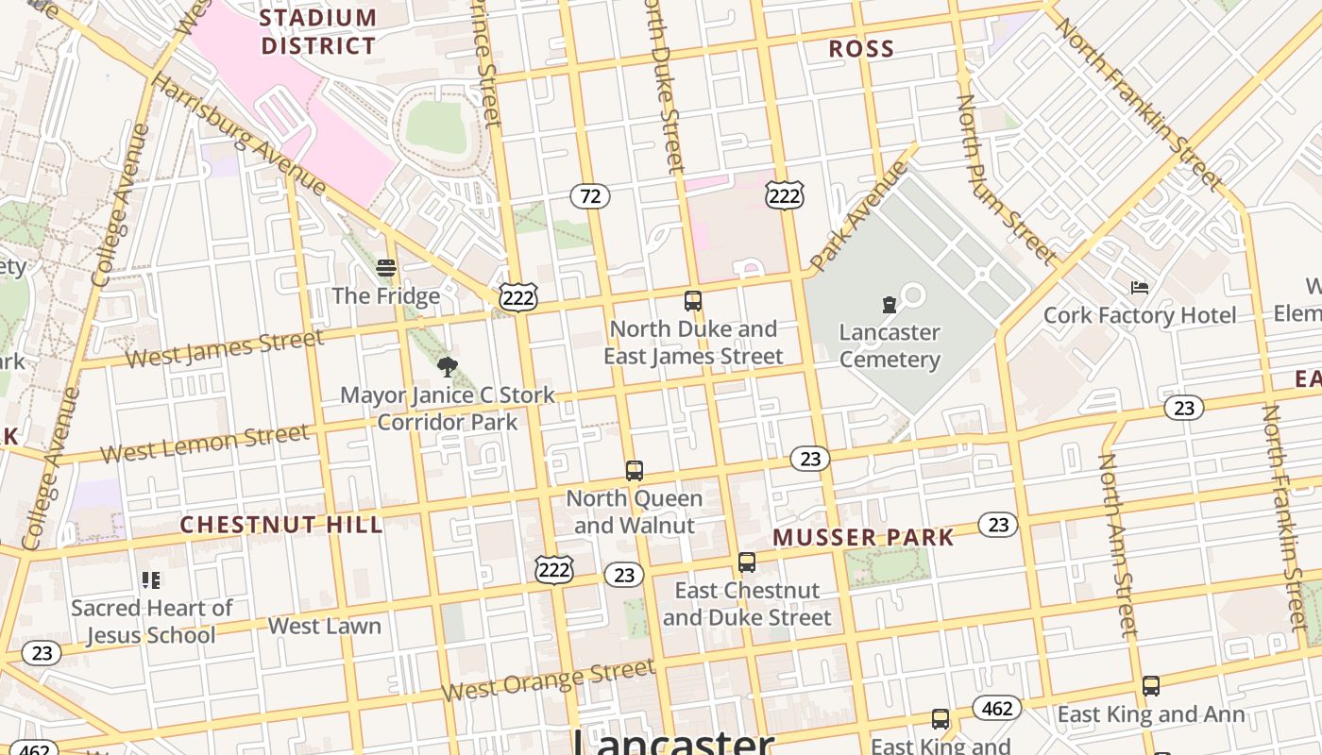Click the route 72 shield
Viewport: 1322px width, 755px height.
[x=589, y=196]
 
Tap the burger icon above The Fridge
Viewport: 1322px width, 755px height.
[x=386, y=268]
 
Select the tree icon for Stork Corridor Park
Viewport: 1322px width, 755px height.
[x=448, y=366]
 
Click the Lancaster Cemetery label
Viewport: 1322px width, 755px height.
[x=890, y=345]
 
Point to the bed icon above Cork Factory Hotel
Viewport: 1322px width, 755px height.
[x=1140, y=287]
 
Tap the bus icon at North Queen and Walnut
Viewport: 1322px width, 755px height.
[x=635, y=470]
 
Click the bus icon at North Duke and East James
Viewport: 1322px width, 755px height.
[x=693, y=301]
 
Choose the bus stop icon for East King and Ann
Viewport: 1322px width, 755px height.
[x=1150, y=686]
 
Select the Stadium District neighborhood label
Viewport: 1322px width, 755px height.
[x=318, y=31]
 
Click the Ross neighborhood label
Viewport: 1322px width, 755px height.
[x=861, y=49]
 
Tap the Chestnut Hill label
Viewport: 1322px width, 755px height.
[x=281, y=525]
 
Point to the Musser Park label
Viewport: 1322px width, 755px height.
[x=863, y=537]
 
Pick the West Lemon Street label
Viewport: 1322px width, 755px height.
[x=205, y=444]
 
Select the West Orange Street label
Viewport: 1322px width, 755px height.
[x=548, y=682]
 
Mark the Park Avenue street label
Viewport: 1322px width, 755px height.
[x=857, y=215]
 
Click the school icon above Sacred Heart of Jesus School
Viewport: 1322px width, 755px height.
[x=151, y=579]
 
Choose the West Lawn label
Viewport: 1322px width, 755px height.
[x=325, y=626]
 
